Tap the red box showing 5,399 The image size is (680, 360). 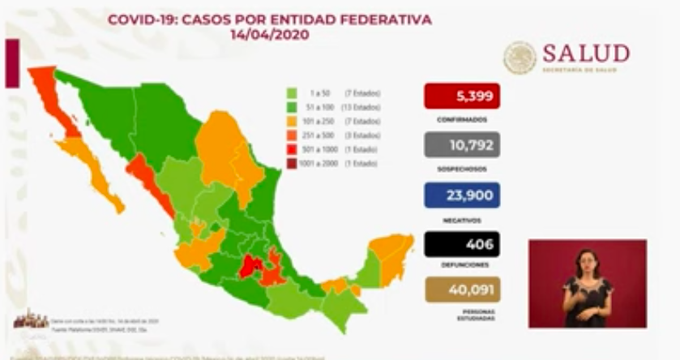[461, 96]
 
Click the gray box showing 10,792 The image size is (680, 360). [461, 145]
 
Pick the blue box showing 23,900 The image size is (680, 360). [461, 195]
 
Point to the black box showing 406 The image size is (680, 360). [461, 244]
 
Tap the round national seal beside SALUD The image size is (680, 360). [520, 57]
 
